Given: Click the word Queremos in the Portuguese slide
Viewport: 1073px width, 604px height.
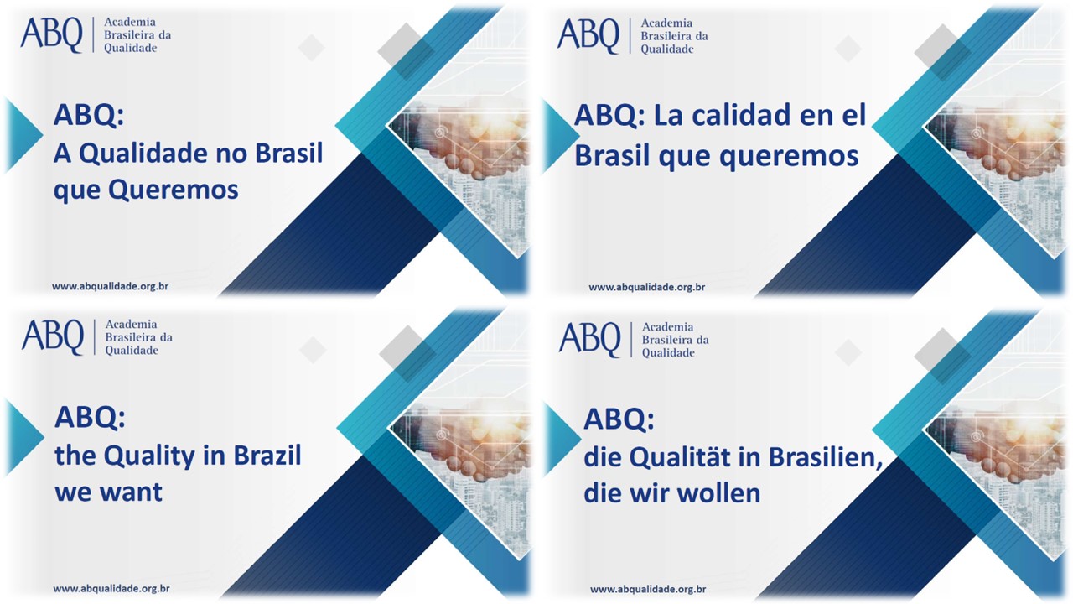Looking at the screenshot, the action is click(173, 190).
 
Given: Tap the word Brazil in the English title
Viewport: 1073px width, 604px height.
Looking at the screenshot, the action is click(267, 456).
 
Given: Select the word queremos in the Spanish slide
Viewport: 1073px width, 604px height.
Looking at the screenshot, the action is click(789, 157).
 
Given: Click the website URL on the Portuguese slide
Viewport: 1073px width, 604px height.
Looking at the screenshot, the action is click(110, 286).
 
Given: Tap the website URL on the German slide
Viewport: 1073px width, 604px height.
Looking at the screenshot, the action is click(648, 589).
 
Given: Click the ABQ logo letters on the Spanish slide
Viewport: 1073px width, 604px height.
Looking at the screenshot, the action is click(588, 36).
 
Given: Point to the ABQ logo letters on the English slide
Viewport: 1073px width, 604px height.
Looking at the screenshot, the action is click(53, 337).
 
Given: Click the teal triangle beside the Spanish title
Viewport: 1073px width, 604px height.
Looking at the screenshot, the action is click(558, 135).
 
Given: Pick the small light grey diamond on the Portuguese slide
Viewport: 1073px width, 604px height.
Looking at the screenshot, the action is click(311, 48).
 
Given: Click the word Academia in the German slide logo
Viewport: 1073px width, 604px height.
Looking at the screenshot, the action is click(668, 327).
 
